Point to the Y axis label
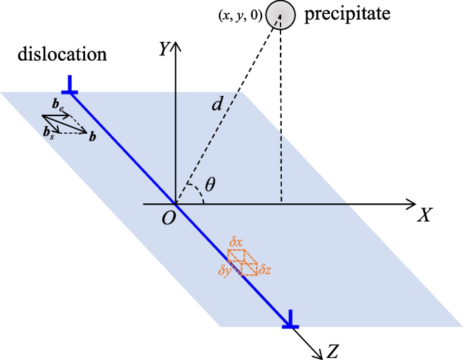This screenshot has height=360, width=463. click(x=164, y=49)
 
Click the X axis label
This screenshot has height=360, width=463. click(x=424, y=215)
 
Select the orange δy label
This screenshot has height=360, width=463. click(x=226, y=270)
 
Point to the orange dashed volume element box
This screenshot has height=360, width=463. click(x=242, y=262)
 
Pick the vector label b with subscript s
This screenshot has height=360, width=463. click(x=47, y=133)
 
